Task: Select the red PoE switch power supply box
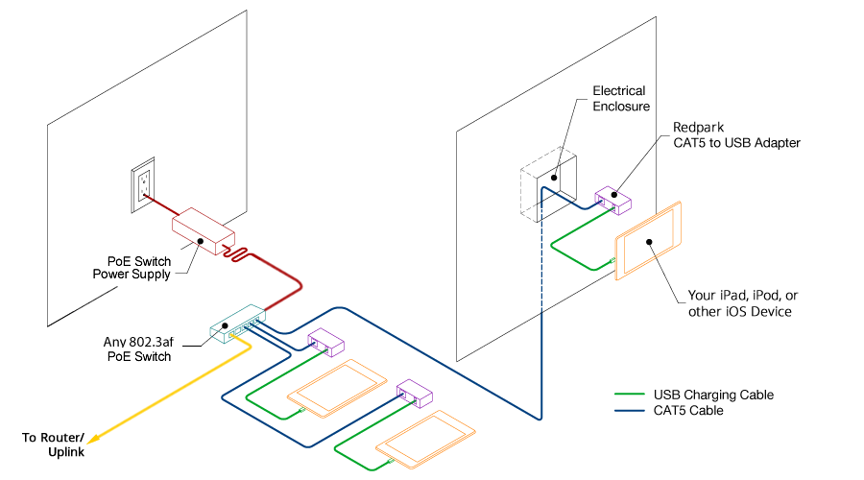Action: [x=203, y=231]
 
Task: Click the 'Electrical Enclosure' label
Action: [x=618, y=99]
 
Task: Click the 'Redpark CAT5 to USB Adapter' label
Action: [x=735, y=134]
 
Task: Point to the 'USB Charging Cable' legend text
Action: [x=712, y=395]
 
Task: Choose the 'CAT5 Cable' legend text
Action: [x=688, y=411]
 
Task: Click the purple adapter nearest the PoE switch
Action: [x=325, y=341]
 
